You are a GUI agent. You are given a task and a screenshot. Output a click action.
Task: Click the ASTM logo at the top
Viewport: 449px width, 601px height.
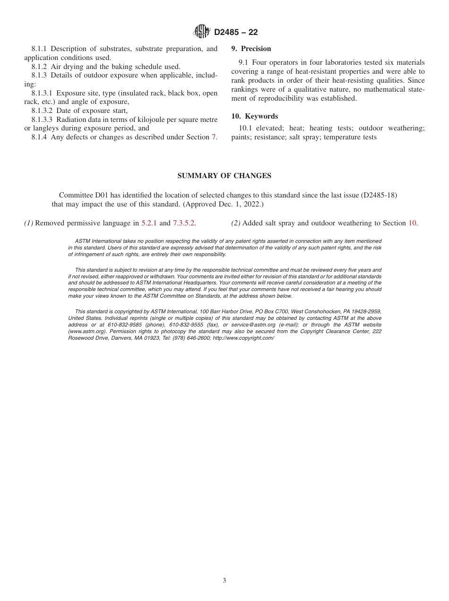tap(202, 32)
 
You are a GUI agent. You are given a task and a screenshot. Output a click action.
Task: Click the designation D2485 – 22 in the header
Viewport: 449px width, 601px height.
tap(236, 32)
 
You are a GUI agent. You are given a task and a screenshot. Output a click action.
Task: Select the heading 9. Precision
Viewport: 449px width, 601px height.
tap(251, 49)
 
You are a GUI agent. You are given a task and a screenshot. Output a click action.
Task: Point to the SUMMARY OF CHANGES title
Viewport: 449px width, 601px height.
tap(224, 176)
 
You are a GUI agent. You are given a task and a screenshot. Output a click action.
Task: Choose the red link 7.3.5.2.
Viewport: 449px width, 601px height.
tap(184, 223)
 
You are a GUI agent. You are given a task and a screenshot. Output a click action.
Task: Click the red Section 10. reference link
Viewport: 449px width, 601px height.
tap(413, 223)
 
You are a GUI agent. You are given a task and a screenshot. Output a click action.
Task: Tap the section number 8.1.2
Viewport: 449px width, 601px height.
tap(40, 67)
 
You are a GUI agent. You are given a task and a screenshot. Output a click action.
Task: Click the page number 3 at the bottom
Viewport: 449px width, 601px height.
tap(224, 581)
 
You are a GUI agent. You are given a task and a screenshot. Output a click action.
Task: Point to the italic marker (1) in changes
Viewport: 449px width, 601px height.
tap(29, 223)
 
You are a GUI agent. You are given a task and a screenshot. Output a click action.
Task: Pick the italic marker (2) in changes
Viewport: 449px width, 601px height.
tap(236, 223)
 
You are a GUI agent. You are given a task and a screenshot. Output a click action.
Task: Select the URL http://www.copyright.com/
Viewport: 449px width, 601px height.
tap(243, 338)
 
